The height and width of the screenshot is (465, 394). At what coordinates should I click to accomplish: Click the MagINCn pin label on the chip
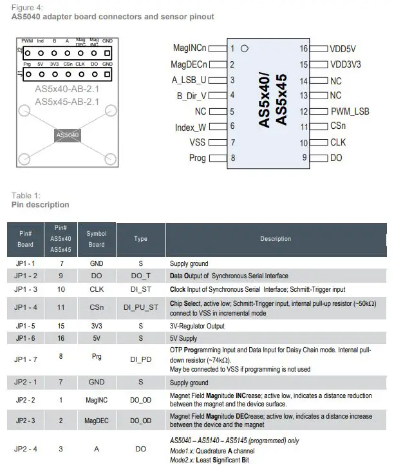coord(190,48)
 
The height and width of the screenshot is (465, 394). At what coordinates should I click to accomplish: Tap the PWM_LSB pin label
coord(350,111)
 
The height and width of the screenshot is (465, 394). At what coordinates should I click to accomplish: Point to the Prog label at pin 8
coord(197,158)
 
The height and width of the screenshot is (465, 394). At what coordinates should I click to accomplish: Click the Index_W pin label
coord(191,127)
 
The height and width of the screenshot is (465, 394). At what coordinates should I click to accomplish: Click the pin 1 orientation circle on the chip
coord(245,48)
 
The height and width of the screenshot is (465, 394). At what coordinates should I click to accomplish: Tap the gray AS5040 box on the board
coord(67,135)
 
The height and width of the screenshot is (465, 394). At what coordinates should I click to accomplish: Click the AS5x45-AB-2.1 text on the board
coord(67,102)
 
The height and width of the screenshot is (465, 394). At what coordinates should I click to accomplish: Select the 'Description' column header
coord(276,239)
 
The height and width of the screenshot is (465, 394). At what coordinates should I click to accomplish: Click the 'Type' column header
coord(140,239)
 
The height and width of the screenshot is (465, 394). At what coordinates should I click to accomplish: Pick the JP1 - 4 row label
coord(26,307)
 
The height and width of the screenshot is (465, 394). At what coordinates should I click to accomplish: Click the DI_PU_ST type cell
coord(140,307)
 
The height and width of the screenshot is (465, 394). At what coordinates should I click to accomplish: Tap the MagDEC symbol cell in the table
coord(97,421)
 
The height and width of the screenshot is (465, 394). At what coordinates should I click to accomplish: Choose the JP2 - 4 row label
coord(26,448)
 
